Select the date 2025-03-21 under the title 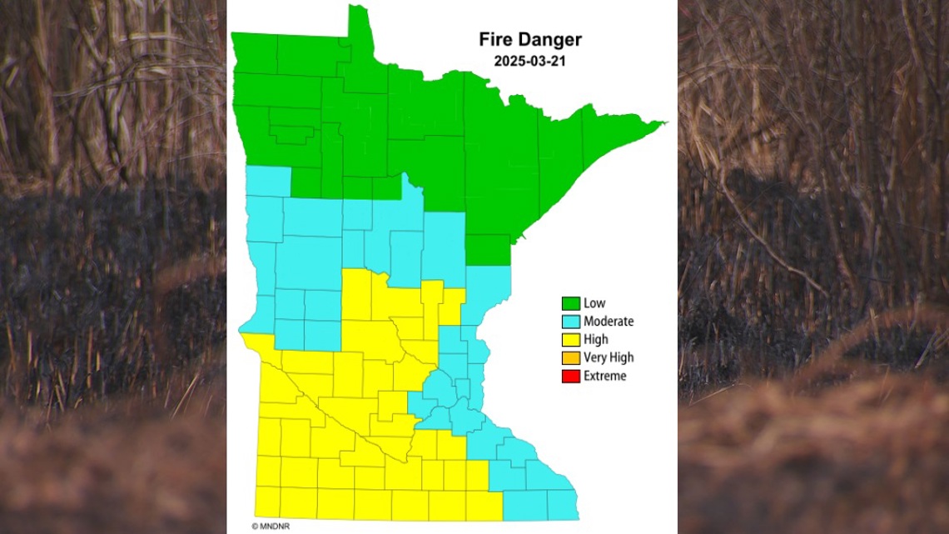click(529, 61)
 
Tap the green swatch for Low click(571, 303)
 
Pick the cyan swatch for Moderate click(571, 322)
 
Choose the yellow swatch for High click(571, 340)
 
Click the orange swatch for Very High click(571, 358)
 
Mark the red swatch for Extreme click(571, 377)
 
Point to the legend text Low click(594, 303)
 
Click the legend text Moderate click(609, 322)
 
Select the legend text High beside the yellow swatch click(596, 340)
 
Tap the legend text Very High click(609, 358)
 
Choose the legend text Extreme click(605, 377)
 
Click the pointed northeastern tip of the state click(662, 124)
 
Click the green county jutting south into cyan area click(487, 250)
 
